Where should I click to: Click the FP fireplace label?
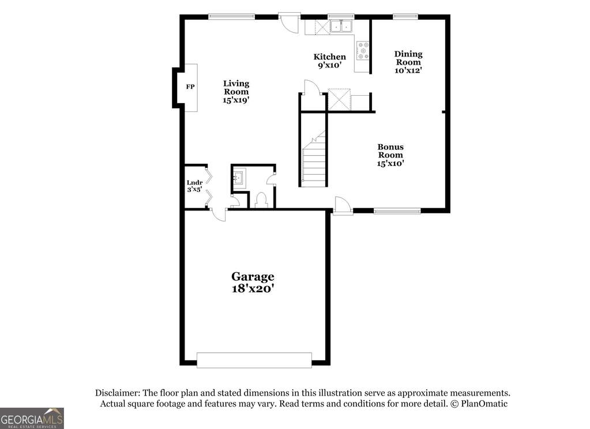[x=190, y=87]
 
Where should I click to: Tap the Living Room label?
[x=236, y=92]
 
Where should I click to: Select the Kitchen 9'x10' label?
[x=329, y=61]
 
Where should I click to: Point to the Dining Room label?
[x=408, y=62]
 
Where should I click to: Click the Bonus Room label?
[x=390, y=155]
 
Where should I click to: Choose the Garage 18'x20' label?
[x=253, y=283]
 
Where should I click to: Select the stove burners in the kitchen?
[x=363, y=51]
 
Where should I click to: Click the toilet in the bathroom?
[x=261, y=200]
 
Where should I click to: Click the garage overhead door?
[x=254, y=360]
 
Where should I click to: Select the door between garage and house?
[x=219, y=214]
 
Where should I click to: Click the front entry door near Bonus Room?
[x=343, y=206]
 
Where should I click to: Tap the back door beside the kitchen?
[x=287, y=22]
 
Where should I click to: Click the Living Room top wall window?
[x=231, y=17]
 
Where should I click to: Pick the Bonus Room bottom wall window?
[x=397, y=211]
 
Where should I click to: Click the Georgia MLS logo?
[x=32, y=418]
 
